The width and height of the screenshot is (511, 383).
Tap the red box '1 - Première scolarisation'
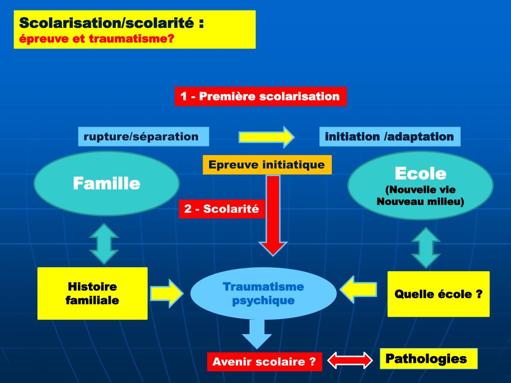coord(260,96)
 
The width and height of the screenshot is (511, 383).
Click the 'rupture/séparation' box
coord(143,136)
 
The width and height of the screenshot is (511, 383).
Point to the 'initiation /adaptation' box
coord(389,136)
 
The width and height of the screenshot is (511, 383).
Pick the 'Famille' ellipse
coord(106,184)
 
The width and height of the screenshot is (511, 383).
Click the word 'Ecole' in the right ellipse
coord(420,174)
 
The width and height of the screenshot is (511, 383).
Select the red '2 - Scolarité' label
coord(222,209)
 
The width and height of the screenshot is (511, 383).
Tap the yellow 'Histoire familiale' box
coord(92,293)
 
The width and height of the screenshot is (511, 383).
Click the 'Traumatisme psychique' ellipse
coord(263,293)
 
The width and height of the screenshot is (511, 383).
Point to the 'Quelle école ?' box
coord(438,294)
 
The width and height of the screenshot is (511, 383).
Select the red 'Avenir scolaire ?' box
coord(264,362)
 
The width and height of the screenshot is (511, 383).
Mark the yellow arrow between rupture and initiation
coord(266,137)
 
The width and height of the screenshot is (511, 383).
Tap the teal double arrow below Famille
coord(104,243)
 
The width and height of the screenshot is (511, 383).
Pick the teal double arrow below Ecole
coord(426,247)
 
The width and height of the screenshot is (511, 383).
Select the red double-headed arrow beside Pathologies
coord(350,360)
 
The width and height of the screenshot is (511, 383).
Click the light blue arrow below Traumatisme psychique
coord(256,333)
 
